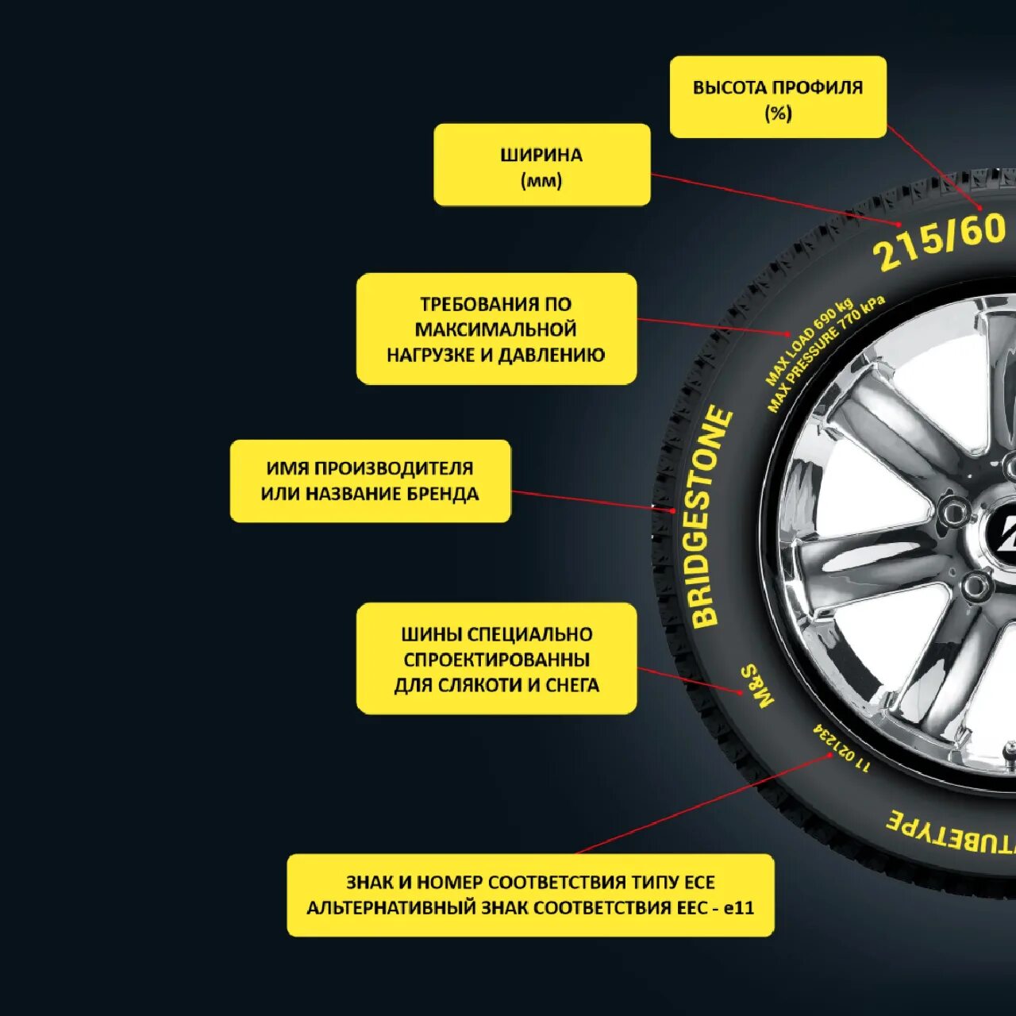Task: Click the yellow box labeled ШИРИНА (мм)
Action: (541, 165)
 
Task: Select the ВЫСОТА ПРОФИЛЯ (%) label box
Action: (778, 97)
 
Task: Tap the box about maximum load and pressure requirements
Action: (496, 329)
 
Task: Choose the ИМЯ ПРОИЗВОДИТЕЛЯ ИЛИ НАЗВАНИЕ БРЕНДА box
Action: (370, 481)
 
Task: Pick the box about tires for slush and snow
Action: (496, 659)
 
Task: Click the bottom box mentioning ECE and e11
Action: (530, 895)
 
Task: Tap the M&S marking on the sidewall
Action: (757, 686)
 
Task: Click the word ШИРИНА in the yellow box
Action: (541, 155)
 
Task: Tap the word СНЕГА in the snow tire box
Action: (572, 684)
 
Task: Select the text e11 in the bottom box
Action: (738, 907)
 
